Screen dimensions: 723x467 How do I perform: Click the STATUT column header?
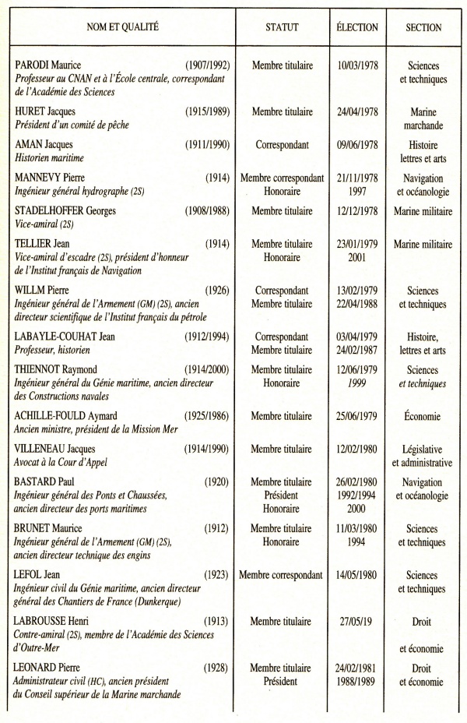click(282, 27)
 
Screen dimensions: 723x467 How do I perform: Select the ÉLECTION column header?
click(357, 27)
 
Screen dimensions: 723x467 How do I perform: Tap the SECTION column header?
click(423, 27)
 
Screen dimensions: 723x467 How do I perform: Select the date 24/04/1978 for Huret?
click(357, 112)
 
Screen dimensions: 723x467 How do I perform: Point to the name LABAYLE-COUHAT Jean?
click(70, 337)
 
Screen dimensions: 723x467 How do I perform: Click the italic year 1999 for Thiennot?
click(357, 383)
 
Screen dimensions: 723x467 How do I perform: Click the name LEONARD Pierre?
click(51, 668)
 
